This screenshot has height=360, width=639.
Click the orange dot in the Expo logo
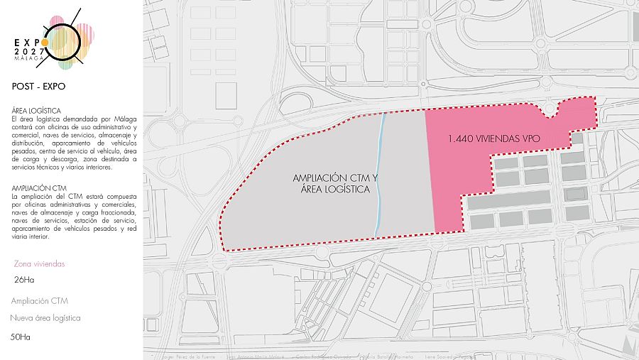click(45, 42)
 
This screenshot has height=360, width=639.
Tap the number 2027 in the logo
click(30, 51)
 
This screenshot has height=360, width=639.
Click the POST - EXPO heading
click(39, 87)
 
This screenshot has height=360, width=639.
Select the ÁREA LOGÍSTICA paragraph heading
click(37, 111)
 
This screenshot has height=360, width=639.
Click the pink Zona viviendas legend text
click(39, 263)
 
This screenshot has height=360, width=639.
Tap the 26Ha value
click(25, 280)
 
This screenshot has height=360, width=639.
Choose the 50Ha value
click(21, 337)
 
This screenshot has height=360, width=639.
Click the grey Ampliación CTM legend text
click(40, 300)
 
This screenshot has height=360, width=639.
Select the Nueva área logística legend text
click(45, 318)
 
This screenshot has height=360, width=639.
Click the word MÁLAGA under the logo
click(28, 59)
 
